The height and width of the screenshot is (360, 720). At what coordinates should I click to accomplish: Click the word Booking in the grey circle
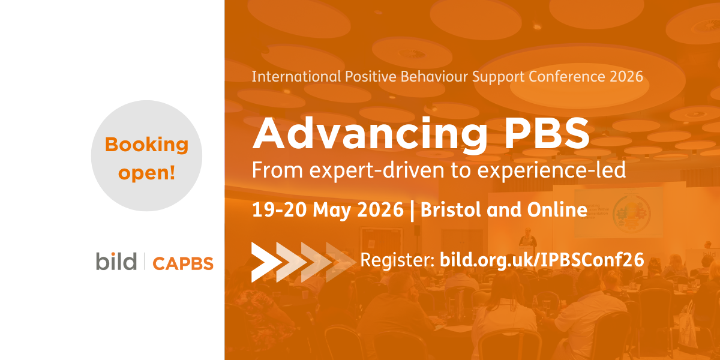click(x=146, y=146)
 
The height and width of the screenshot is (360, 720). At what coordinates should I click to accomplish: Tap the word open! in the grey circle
click(x=147, y=173)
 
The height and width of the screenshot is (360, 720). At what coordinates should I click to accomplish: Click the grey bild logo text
click(x=116, y=261)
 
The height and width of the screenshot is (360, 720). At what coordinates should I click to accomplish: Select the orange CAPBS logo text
click(x=183, y=263)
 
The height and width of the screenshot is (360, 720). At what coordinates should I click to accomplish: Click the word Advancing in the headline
click(x=370, y=134)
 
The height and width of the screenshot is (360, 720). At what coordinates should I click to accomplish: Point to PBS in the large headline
click(x=547, y=133)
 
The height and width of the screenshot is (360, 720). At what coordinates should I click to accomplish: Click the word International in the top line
click(x=296, y=77)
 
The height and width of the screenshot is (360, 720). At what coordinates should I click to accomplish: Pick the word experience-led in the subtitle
click(x=551, y=170)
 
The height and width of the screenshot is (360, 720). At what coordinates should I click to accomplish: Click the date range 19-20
click(x=279, y=210)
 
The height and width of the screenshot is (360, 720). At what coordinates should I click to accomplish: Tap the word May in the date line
click(x=331, y=211)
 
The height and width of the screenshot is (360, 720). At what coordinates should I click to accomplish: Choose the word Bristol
click(x=451, y=210)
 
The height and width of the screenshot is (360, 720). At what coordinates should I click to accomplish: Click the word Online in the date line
click(x=557, y=210)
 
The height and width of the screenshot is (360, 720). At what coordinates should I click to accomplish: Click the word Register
click(x=398, y=260)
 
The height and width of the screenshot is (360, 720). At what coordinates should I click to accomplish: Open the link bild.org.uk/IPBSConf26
click(x=542, y=260)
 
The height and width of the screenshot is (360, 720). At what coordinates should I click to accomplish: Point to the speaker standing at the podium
click(x=527, y=238)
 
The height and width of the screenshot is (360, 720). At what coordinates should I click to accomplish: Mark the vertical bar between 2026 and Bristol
click(x=412, y=211)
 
